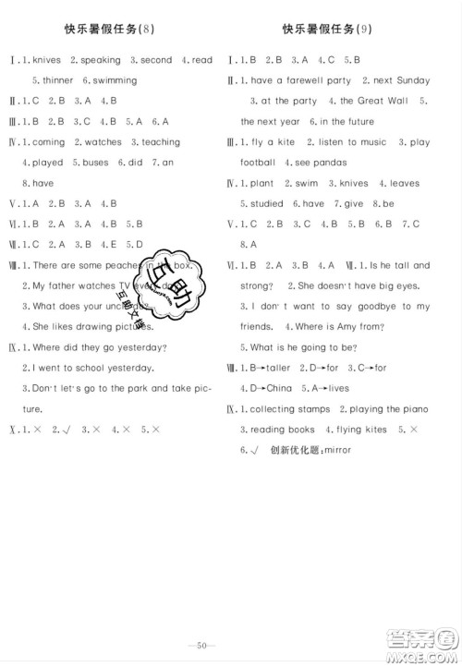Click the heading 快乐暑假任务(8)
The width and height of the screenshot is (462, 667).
(x=115, y=29)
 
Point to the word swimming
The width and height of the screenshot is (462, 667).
(x=115, y=80)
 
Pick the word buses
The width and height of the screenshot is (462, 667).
(x=102, y=163)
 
